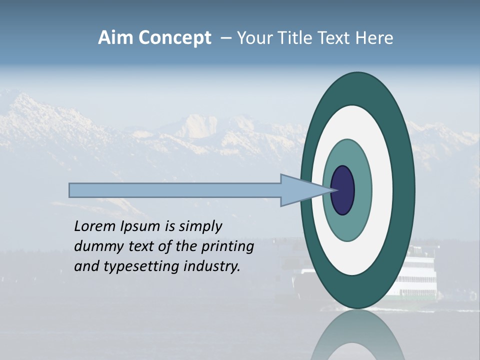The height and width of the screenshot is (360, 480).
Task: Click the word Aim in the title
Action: [x=115, y=38]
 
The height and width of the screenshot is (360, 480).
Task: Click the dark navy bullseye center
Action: [x=343, y=190]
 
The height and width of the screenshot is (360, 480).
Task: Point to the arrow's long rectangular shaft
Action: [x=175, y=190]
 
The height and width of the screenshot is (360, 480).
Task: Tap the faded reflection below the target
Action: [x=357, y=335]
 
